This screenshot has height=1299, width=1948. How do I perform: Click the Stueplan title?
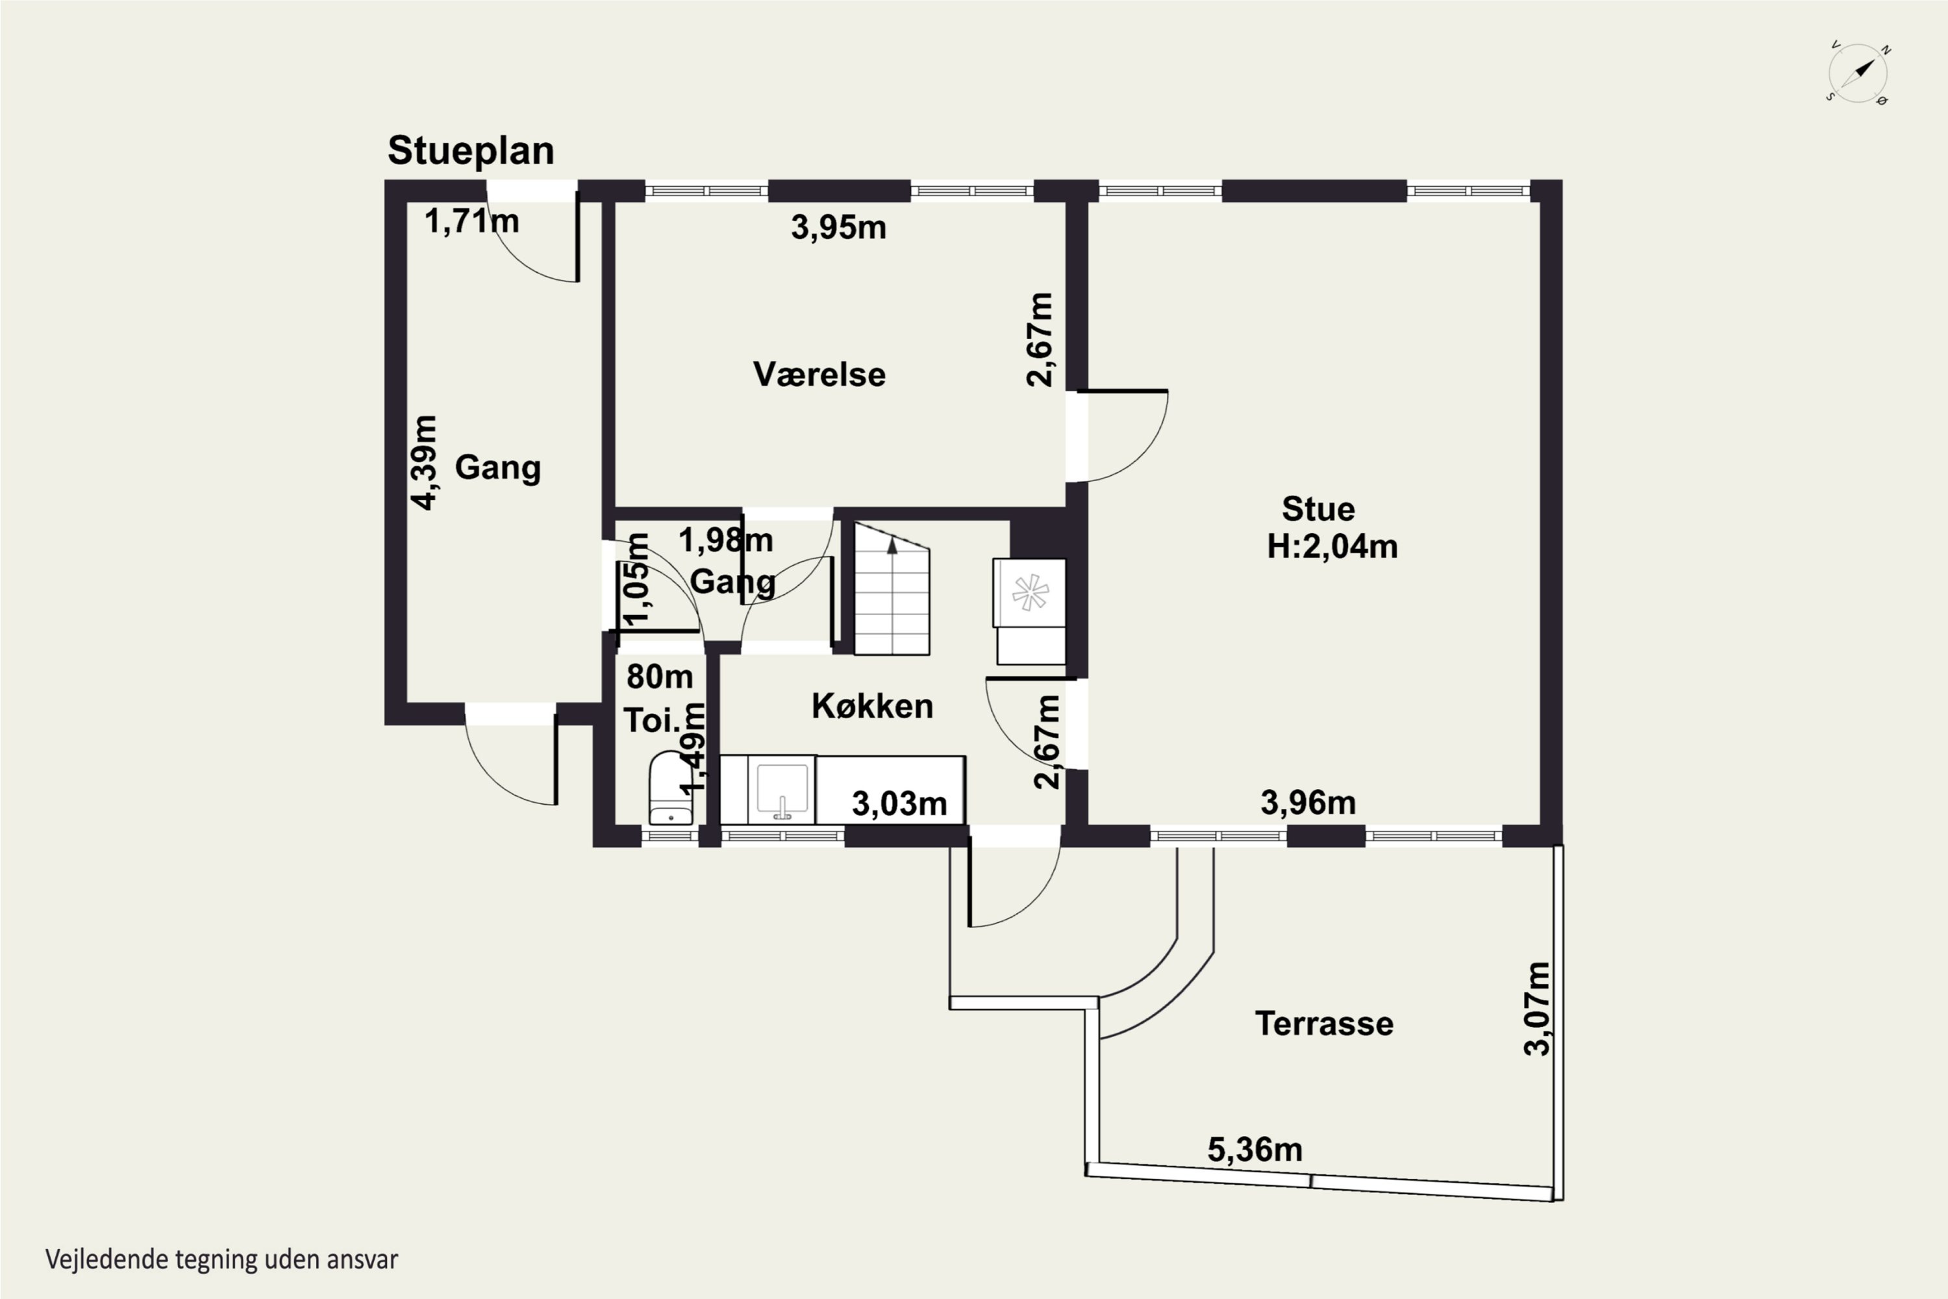(470, 151)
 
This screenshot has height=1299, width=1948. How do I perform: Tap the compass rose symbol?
(1858, 73)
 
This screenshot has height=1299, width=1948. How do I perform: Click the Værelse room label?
(819, 375)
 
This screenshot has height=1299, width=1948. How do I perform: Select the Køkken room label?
(872, 706)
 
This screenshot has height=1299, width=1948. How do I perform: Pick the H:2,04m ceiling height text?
(1332, 547)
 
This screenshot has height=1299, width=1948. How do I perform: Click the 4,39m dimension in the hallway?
(424, 462)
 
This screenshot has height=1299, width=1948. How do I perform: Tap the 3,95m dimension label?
(838, 227)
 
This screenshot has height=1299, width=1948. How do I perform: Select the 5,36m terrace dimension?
(1255, 1150)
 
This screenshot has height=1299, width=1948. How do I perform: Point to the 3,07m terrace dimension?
(1537, 1008)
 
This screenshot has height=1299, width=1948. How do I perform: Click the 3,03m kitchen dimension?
(899, 803)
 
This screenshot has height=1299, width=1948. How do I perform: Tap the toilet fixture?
(670, 788)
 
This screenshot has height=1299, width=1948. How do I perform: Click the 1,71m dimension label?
(472, 221)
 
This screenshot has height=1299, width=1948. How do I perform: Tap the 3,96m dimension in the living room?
(1308, 803)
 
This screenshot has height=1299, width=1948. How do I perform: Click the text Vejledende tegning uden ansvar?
(221, 1259)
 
